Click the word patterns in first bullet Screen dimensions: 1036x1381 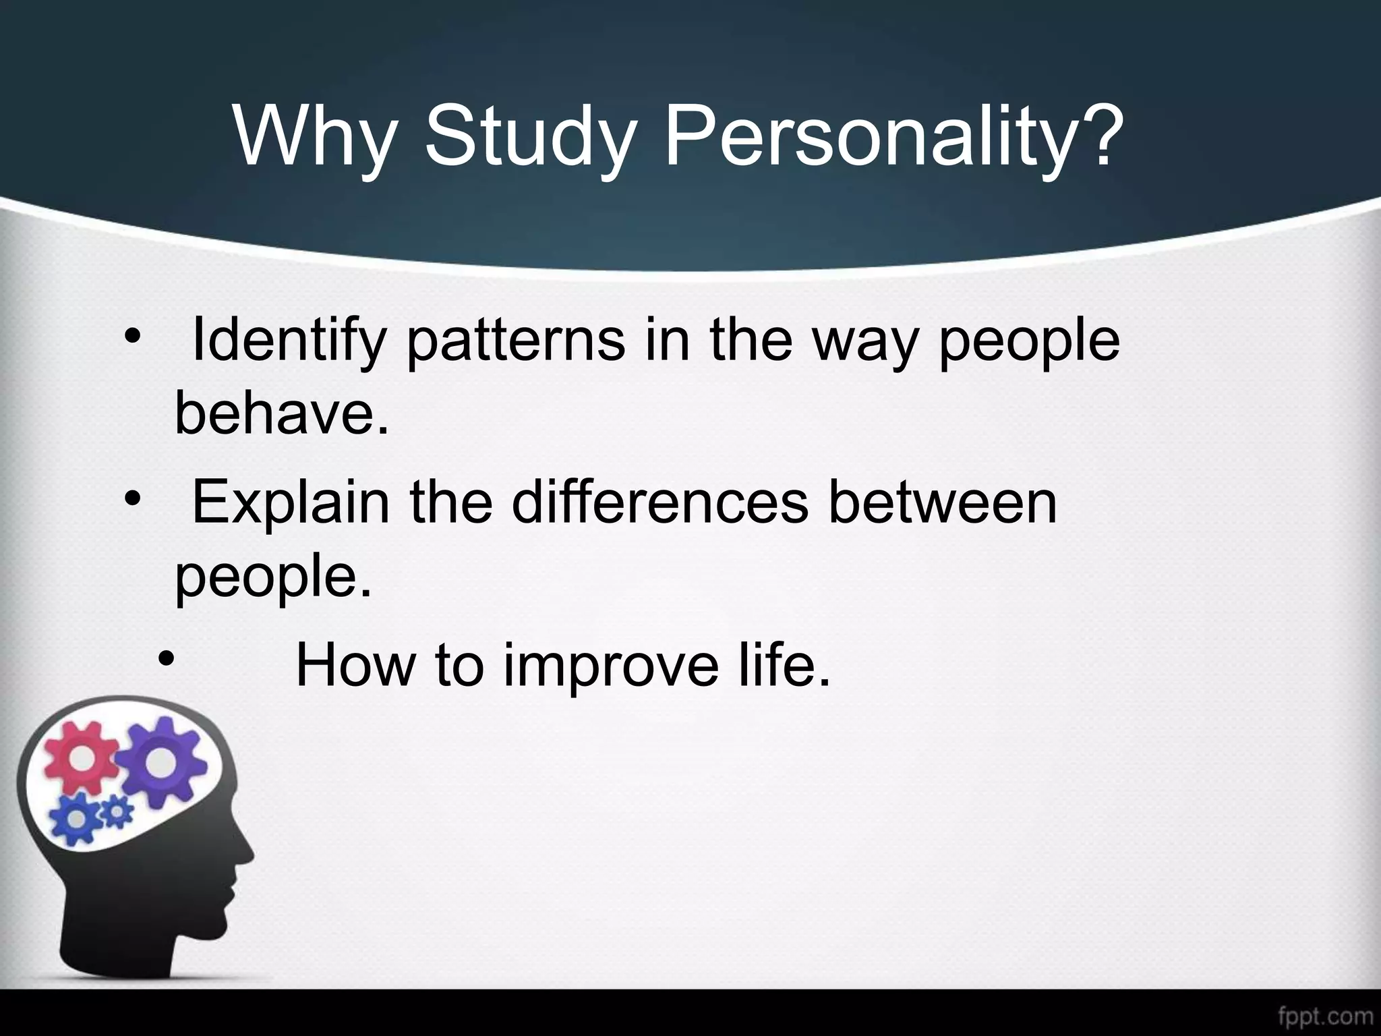[x=516, y=341]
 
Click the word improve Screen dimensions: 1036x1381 [x=611, y=664]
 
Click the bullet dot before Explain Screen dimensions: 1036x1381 [x=131, y=498]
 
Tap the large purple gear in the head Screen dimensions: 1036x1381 [x=159, y=761]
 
